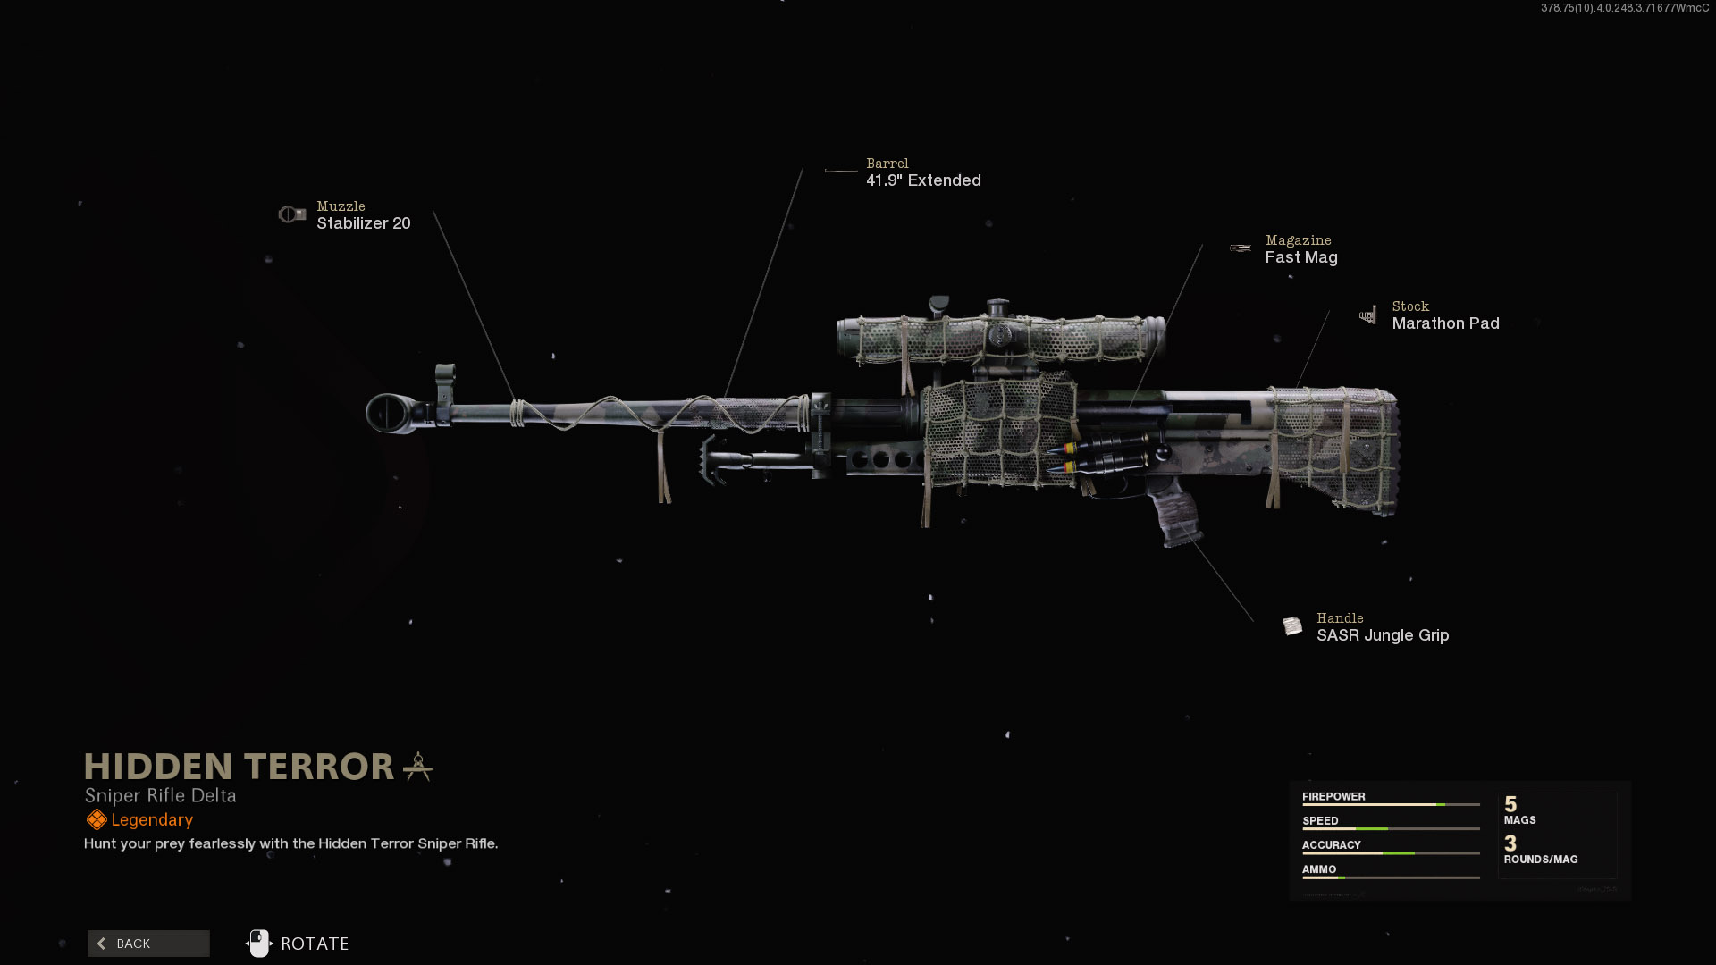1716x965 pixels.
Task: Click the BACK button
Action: coord(148,944)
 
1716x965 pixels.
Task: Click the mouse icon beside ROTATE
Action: coord(258,944)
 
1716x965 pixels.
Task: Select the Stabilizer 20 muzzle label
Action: coord(364,223)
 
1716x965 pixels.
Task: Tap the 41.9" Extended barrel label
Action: coord(923,180)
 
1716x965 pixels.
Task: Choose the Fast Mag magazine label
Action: coord(1301,257)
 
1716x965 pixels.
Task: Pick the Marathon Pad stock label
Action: coord(1445,323)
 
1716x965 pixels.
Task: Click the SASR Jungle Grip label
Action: coord(1383,635)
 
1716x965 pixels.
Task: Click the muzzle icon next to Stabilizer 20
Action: coord(291,214)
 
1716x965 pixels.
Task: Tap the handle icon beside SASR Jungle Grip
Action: coord(1292,626)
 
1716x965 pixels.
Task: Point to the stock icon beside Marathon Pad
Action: coord(1367,315)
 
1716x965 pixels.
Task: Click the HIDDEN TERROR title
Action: coord(239,767)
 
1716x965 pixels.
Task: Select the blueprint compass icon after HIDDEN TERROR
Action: coord(418,767)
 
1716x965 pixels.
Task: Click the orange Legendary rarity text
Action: coord(152,820)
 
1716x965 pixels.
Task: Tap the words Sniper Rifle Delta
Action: coord(161,795)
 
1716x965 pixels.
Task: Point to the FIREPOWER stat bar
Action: coord(1391,805)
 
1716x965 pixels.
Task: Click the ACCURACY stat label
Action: coord(1331,845)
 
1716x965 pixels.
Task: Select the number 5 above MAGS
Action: coord(1510,804)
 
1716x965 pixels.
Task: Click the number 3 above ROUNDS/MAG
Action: coord(1510,843)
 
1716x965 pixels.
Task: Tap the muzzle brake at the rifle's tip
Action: coord(393,413)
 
